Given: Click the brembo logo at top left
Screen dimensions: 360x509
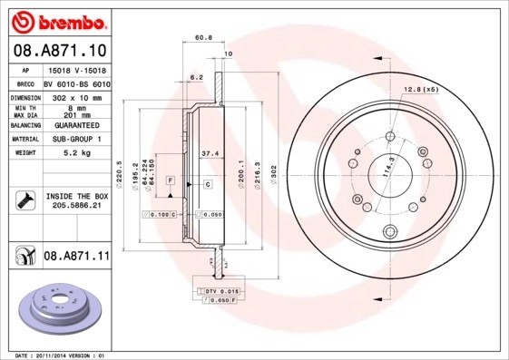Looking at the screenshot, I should [x=57, y=19].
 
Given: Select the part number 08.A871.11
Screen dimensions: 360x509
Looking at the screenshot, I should [x=76, y=257].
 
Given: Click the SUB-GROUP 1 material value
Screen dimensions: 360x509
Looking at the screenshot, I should [x=73, y=139].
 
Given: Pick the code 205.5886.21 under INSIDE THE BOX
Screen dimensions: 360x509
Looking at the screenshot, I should [x=74, y=206].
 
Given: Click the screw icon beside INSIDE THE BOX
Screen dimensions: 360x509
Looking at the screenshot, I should [x=24, y=200].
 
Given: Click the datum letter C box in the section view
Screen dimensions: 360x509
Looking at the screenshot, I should [x=208, y=184].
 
